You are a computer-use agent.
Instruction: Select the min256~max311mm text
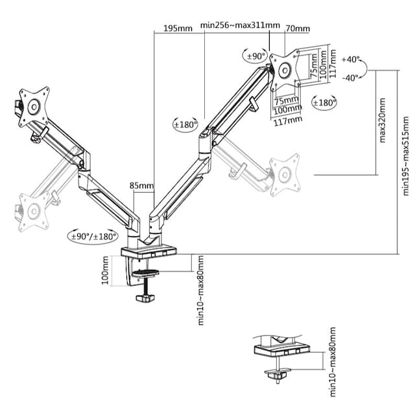[x=239, y=26]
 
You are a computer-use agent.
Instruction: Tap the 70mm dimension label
[x=297, y=28]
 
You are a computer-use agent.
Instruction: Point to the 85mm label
[x=141, y=186]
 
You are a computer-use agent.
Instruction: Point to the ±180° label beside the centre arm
[x=185, y=125]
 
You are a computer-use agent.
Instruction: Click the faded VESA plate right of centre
[x=285, y=173]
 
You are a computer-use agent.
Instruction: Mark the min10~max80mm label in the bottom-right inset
[x=333, y=362]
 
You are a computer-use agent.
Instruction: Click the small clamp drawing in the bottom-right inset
[x=279, y=357]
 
